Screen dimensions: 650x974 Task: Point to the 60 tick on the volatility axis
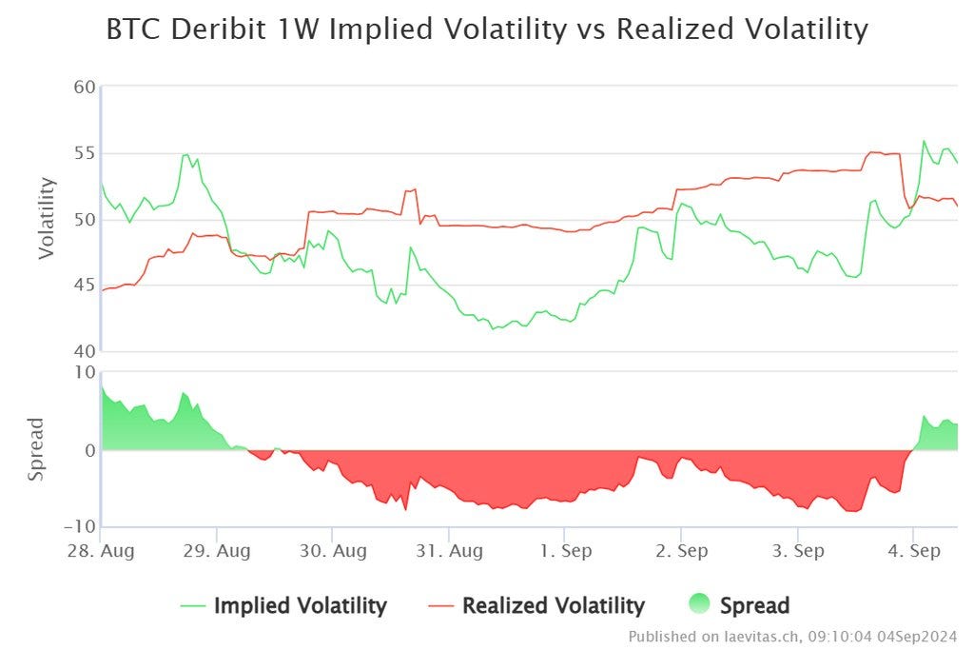(x=85, y=88)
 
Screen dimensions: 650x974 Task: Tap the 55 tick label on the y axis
(x=85, y=153)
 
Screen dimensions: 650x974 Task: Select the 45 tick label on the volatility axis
(x=85, y=285)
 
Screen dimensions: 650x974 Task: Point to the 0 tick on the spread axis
(x=89, y=450)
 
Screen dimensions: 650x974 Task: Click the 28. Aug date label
(x=101, y=551)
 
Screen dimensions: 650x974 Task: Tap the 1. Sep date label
(x=564, y=551)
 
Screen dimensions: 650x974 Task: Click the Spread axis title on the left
(x=35, y=448)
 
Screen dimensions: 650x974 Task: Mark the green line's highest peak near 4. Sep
(x=924, y=141)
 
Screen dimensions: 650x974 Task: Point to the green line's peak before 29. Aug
(x=185, y=154)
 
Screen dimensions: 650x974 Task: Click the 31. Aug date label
(x=448, y=551)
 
